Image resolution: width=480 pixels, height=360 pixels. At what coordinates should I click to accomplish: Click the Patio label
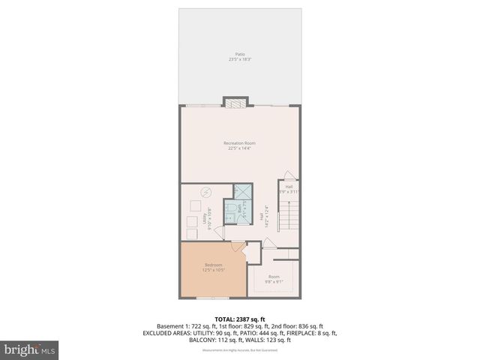(240, 54)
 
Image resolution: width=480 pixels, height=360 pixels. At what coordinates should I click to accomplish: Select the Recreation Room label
(240, 142)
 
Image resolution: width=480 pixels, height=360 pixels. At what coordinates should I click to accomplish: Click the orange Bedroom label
(214, 265)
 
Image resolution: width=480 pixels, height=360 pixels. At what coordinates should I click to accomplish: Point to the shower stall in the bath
(242, 191)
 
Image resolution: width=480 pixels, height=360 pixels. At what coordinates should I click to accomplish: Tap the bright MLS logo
(30, 349)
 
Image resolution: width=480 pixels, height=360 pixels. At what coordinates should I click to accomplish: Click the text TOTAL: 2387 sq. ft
(240, 318)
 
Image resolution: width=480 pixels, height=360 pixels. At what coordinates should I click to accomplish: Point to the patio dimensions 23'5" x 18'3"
(240, 59)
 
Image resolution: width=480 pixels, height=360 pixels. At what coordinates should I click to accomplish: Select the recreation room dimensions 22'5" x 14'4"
(240, 148)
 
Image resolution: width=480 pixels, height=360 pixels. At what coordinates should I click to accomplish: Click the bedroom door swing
(237, 247)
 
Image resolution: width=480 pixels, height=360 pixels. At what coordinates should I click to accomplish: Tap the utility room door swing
(218, 233)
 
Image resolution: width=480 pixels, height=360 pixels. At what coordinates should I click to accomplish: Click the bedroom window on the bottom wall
(213, 298)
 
